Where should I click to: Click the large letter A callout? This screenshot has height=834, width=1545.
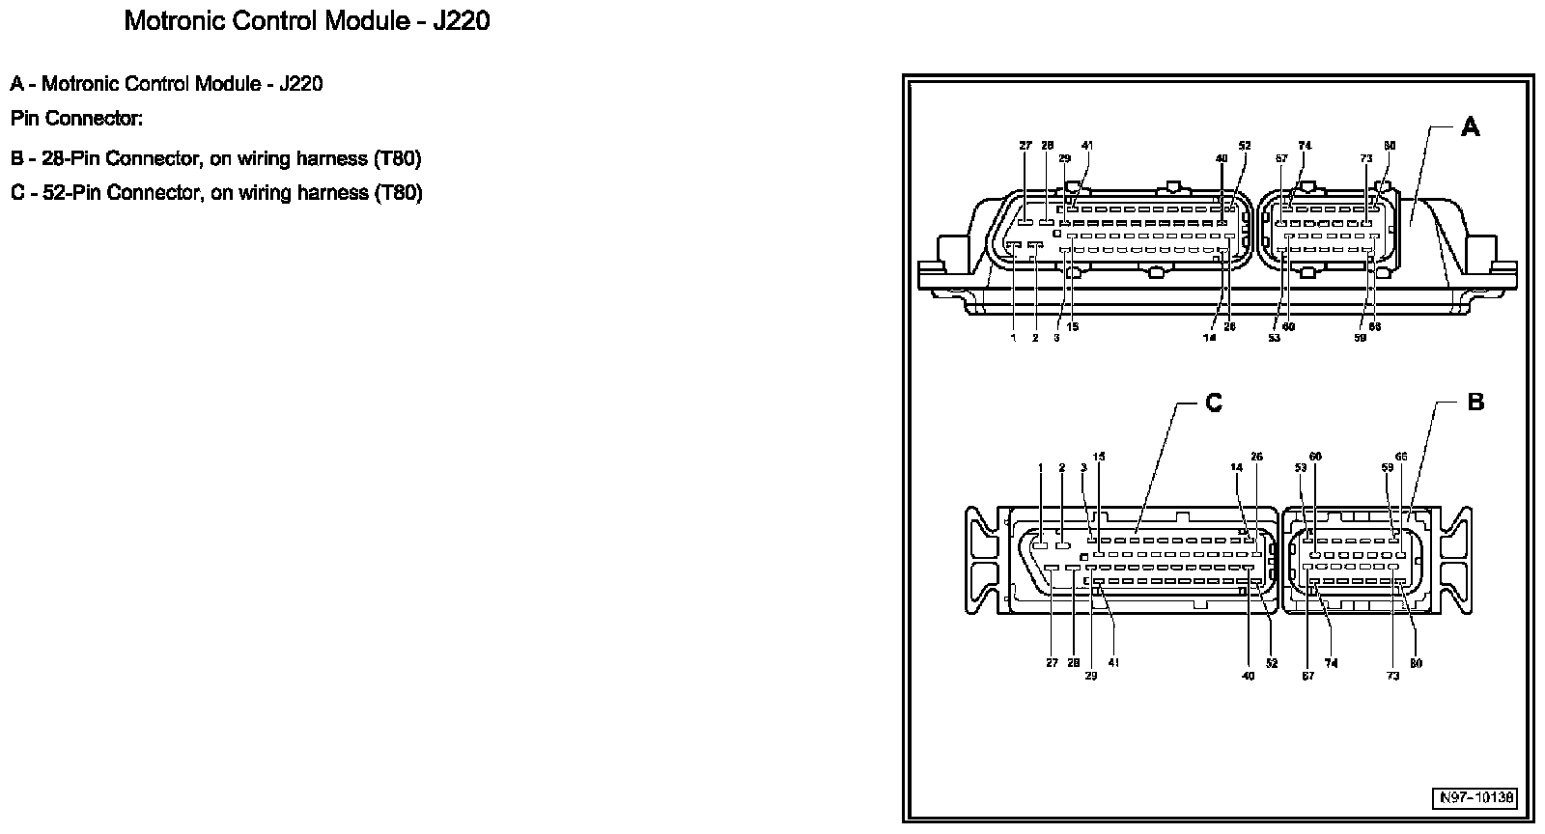point(1470,126)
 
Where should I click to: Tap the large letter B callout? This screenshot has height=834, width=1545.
point(1475,402)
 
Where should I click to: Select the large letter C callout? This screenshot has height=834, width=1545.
point(1214,403)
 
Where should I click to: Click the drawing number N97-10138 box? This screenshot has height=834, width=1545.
point(1475,798)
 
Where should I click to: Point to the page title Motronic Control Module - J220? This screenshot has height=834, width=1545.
point(307,21)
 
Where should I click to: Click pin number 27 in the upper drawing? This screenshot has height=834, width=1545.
point(1025,147)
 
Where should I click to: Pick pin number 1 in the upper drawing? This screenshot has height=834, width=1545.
point(1013,338)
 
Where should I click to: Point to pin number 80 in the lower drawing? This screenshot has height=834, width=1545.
point(1416,663)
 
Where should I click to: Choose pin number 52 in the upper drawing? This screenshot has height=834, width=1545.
point(1245,147)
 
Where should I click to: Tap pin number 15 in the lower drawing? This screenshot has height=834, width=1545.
point(1099,457)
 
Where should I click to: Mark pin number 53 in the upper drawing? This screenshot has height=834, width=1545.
point(1274,338)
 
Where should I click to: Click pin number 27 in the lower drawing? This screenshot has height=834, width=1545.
point(1052,663)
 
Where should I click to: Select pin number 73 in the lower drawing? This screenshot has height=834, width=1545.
point(1392,676)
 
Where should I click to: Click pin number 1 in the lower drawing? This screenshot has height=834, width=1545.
point(1041,468)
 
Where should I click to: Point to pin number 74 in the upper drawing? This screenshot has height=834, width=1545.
point(1306,147)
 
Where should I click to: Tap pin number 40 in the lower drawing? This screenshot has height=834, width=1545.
point(1248,676)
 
